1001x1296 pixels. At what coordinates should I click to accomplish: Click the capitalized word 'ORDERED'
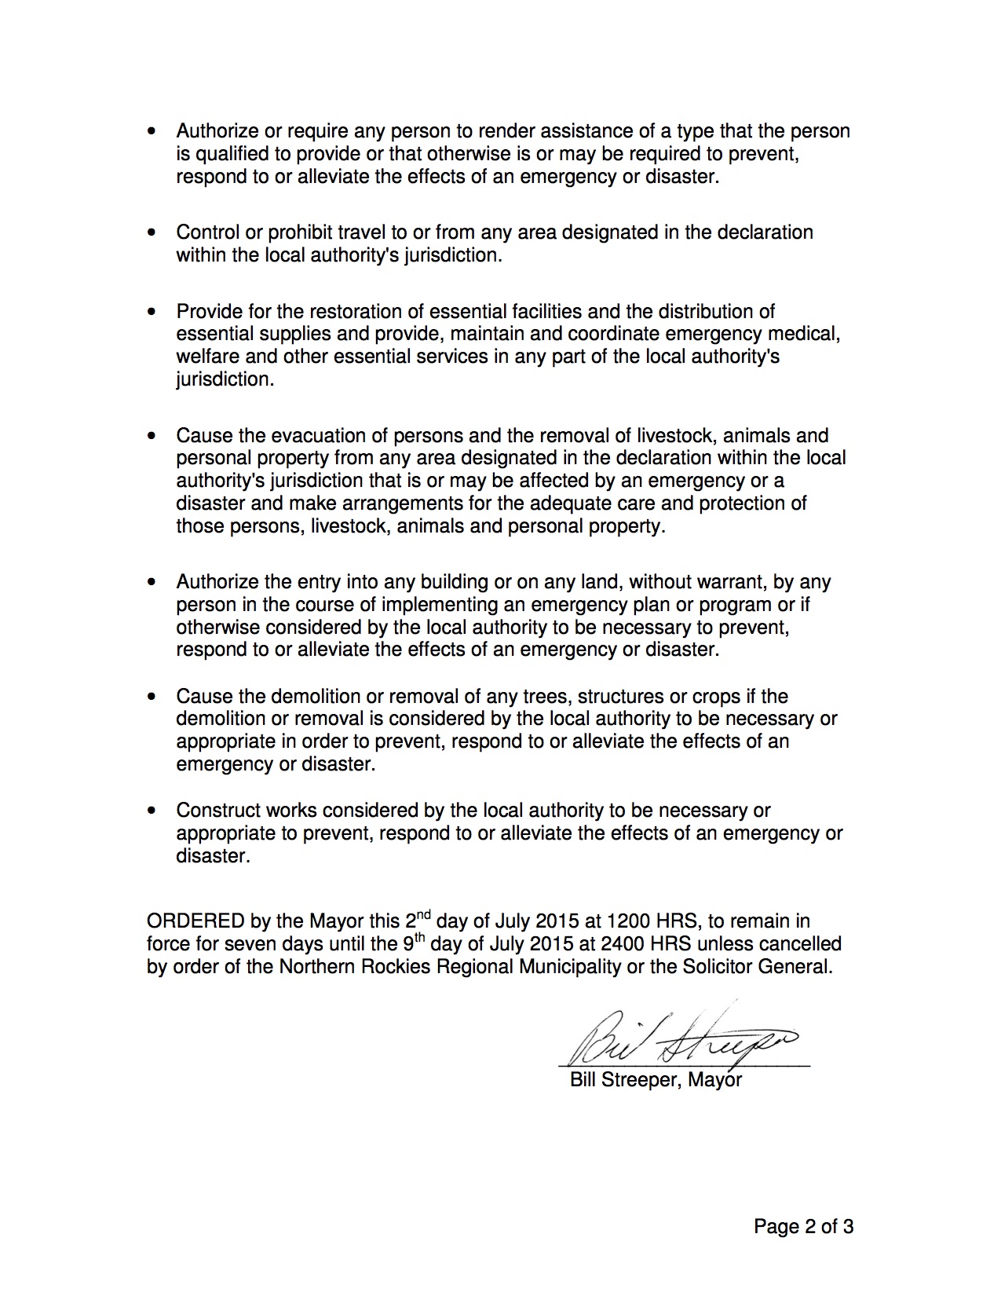pyautogui.click(x=195, y=921)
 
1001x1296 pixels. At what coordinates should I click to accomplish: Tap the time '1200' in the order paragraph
pyautogui.click(x=630, y=921)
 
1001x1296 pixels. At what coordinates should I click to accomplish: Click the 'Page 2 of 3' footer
pyautogui.click(x=803, y=1226)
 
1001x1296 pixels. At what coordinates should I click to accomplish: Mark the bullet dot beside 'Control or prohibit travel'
pyautogui.click(x=152, y=233)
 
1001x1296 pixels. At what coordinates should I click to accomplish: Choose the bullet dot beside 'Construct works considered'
pyautogui.click(x=152, y=811)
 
